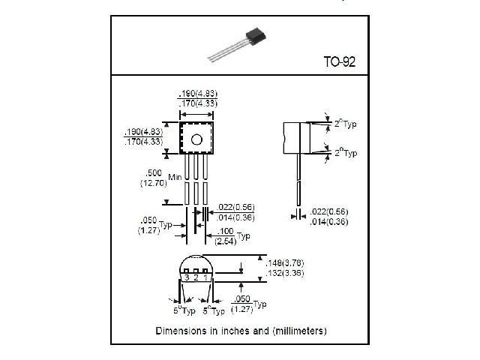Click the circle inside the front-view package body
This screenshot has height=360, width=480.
[x=196, y=139]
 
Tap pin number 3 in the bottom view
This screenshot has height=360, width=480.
[x=185, y=277]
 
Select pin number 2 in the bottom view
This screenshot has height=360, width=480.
[x=195, y=277]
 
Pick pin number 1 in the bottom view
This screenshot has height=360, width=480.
[x=205, y=277]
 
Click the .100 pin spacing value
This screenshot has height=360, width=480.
[x=225, y=231]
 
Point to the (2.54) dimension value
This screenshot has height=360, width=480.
[x=225, y=241]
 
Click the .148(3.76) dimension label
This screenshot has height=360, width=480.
[x=285, y=262]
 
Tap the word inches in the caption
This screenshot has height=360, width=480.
[x=233, y=330]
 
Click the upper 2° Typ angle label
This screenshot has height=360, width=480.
[x=346, y=124]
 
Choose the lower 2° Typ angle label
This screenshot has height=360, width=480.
[x=346, y=152]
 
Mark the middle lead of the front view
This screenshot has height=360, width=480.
[x=196, y=180]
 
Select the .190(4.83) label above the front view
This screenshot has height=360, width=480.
[x=197, y=93]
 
